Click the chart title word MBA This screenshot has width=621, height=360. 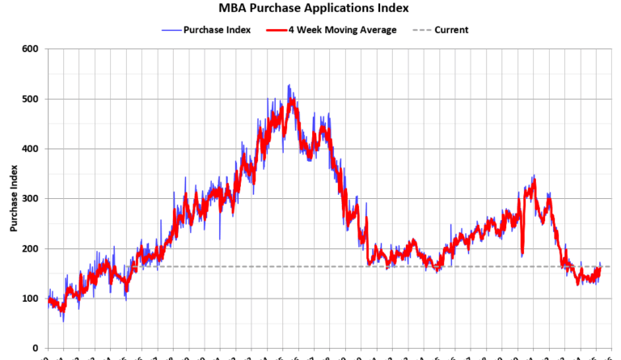point(233,8)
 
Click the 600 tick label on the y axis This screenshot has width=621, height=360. point(30,49)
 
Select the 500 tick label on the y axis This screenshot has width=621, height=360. point(30,100)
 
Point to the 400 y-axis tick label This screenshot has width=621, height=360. point(30,149)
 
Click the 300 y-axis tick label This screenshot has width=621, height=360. point(30,199)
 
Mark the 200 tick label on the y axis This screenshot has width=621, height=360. point(30,249)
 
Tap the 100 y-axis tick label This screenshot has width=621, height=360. point(30,299)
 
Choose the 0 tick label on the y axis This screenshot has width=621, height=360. point(35,349)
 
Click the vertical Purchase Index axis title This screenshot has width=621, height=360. point(14,199)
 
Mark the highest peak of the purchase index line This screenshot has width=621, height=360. point(289,85)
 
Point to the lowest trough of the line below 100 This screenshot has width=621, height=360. point(63,320)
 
